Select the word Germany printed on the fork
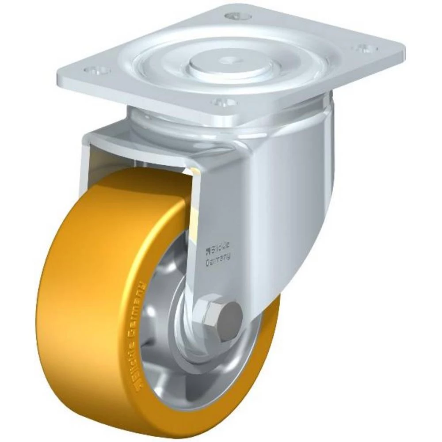[219, 260]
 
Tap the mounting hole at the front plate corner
[221, 103]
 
